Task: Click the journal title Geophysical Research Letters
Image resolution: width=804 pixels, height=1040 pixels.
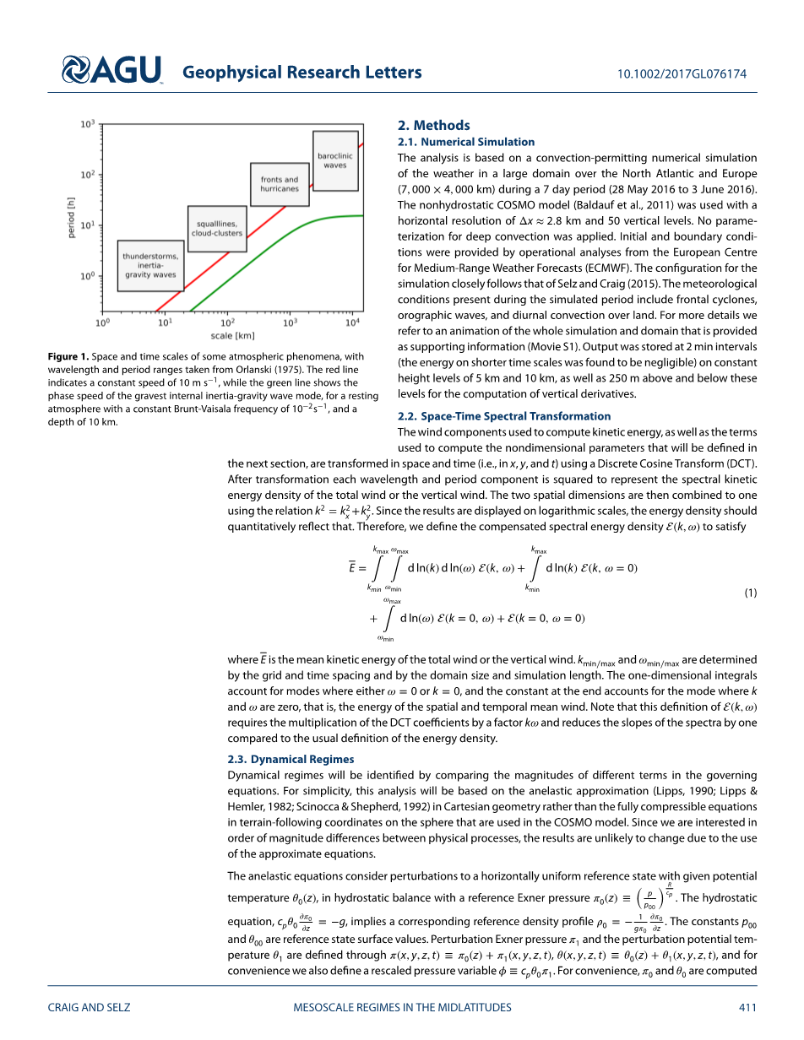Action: coord(301,73)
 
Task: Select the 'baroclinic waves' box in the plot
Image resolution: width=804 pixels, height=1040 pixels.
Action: coord(335,160)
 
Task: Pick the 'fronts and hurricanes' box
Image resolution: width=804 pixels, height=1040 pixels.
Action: coord(280,184)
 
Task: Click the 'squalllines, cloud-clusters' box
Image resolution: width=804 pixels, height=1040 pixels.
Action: coord(216,228)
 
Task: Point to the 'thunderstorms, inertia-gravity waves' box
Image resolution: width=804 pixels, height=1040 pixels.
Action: coord(149,265)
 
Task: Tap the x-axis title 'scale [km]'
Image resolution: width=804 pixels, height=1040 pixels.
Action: coord(234,336)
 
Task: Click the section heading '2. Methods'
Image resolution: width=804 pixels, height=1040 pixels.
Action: coord(433,125)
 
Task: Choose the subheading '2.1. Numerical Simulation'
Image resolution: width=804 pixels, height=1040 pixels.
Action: coord(466,142)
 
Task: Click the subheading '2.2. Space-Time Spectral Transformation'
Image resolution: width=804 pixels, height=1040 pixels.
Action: coord(504,416)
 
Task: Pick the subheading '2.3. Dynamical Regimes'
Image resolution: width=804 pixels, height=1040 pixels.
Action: coord(291,759)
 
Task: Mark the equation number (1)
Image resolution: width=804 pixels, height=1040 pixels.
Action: coord(750,593)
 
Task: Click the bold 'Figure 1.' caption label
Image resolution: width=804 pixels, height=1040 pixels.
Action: coord(68,357)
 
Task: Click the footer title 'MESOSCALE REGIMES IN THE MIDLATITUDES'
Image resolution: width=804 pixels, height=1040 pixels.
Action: coord(402,1007)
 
